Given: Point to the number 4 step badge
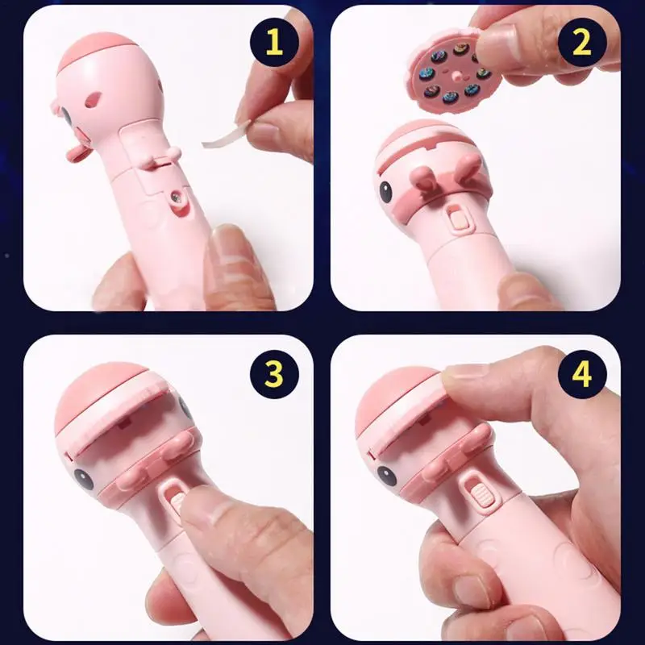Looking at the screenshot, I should tap(583, 373).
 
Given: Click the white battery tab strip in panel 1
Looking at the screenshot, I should tap(225, 133).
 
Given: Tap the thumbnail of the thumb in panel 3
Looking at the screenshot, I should tap(202, 508).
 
